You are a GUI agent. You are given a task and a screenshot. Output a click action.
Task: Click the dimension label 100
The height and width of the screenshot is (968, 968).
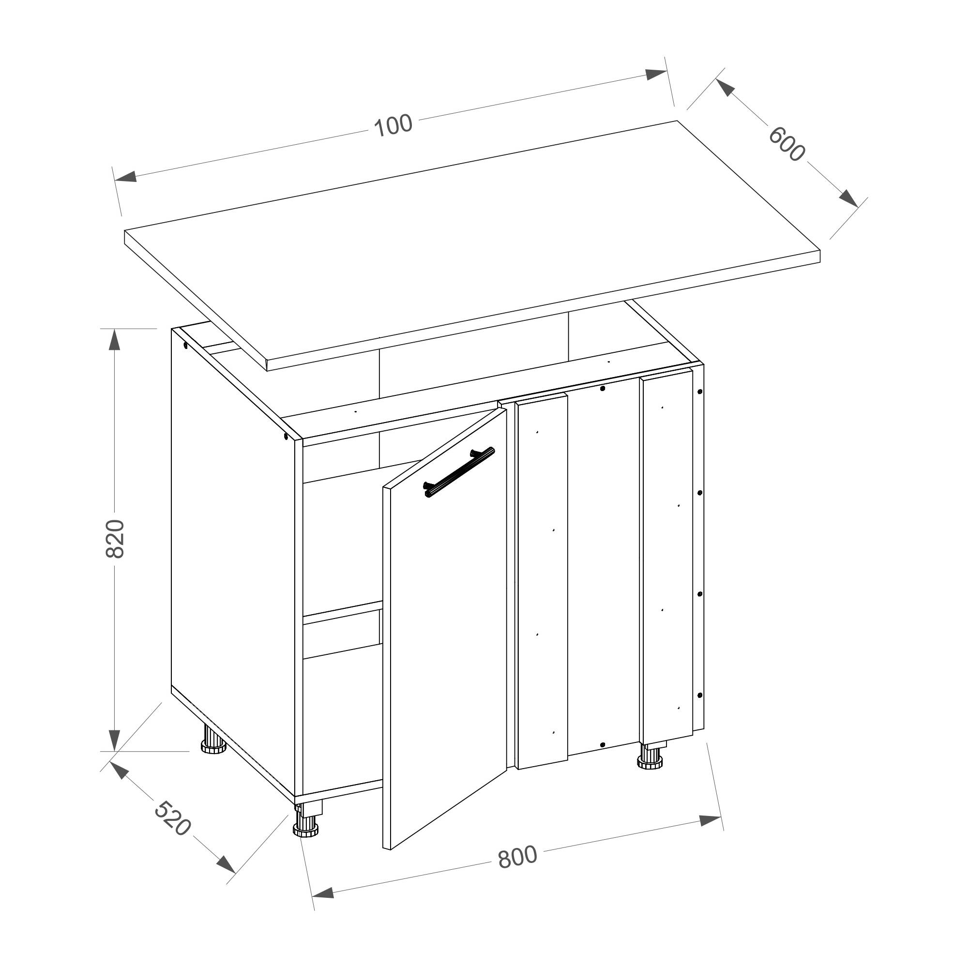coord(393,125)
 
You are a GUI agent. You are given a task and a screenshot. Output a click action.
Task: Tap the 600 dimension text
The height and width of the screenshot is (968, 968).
coord(787,144)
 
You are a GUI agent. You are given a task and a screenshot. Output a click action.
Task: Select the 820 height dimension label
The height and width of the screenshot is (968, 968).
coord(115,539)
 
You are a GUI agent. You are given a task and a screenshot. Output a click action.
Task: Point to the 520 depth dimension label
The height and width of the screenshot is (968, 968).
coord(172,818)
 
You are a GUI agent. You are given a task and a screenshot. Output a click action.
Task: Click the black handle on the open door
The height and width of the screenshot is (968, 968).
coord(459,472)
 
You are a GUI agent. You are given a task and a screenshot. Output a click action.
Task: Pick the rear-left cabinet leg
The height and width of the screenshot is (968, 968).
coord(213,740)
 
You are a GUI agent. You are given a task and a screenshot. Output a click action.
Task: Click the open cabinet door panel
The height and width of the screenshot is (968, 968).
coord(445,629)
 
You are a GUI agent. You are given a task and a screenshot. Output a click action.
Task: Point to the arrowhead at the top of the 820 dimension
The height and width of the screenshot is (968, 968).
coord(115,340)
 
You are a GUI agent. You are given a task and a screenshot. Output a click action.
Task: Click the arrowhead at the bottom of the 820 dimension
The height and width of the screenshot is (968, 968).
coord(115,740)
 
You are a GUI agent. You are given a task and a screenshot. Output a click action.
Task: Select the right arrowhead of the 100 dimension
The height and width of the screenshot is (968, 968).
coord(656,74)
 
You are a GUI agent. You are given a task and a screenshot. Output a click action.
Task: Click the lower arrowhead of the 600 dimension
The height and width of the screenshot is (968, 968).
coord(849,198)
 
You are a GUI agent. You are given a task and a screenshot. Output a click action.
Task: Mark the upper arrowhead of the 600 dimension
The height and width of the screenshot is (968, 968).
coord(726,88)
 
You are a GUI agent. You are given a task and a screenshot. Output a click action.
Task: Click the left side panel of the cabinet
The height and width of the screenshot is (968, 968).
coord(233,561)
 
